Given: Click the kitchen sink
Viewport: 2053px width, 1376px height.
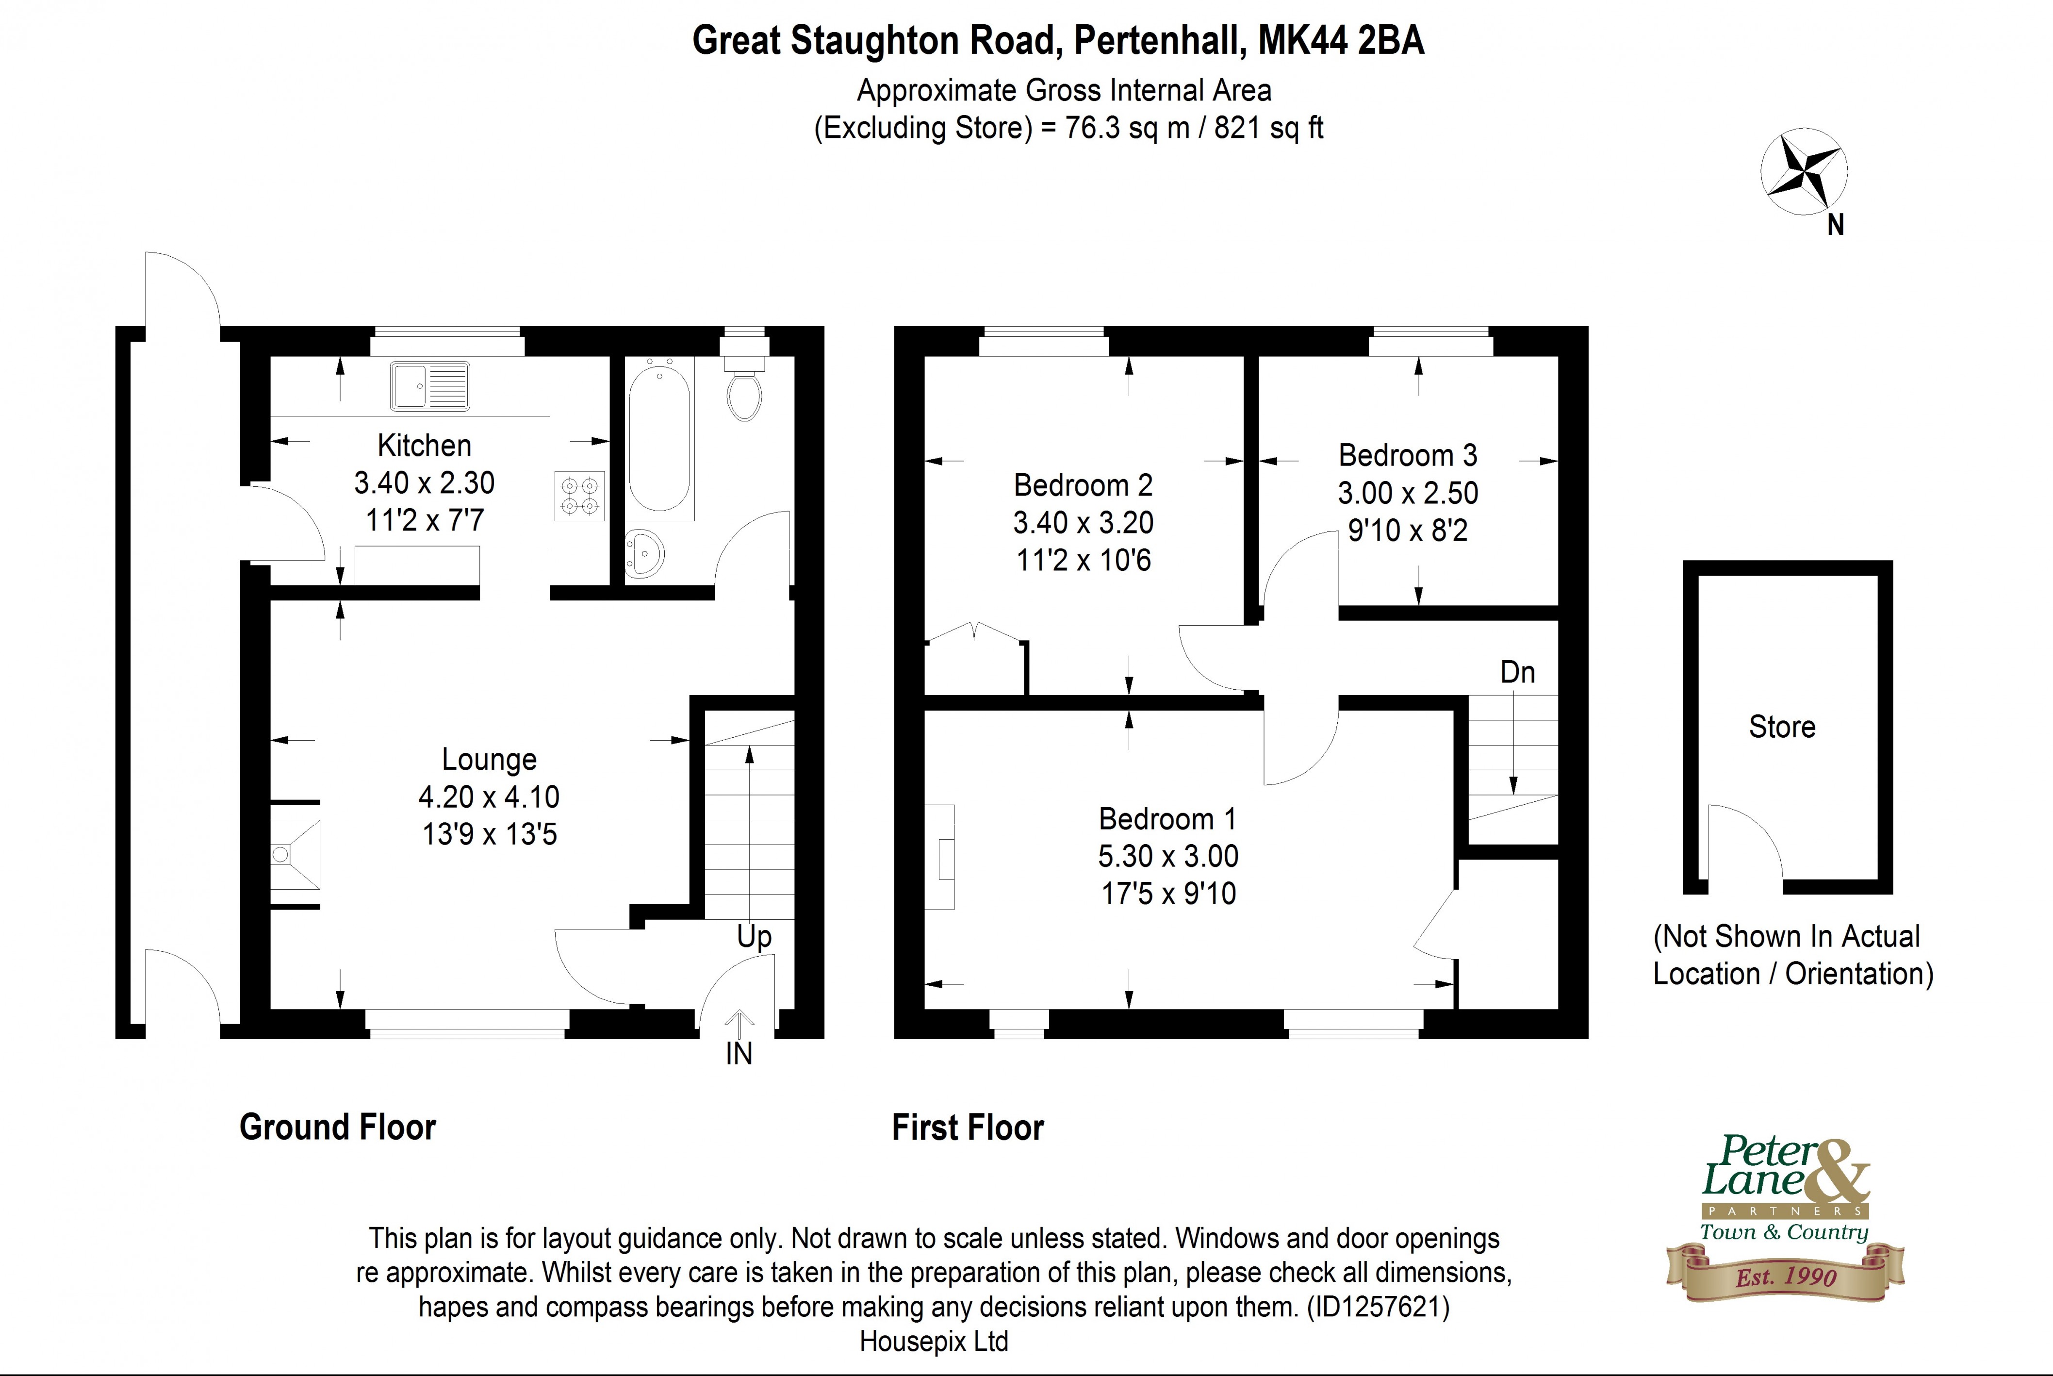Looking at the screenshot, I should tap(430, 386).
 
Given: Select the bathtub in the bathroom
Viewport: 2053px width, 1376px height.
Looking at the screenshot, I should tap(660, 439).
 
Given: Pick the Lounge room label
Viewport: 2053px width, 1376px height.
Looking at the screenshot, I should tap(489, 759).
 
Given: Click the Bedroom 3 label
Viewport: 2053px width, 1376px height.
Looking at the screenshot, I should tap(1407, 455).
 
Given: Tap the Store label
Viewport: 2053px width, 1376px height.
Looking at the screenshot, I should tap(1782, 727).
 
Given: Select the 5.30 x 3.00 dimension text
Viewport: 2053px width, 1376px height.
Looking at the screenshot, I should tap(1168, 856).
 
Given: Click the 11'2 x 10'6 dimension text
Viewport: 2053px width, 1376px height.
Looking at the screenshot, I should tap(1083, 560).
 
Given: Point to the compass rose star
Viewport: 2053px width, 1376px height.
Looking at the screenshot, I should tap(1804, 172).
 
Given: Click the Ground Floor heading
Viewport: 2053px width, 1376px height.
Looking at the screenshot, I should tap(338, 1127).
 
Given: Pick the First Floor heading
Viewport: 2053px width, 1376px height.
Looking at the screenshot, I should tap(968, 1127).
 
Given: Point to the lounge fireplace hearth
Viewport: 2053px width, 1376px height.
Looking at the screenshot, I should tap(295, 854).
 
